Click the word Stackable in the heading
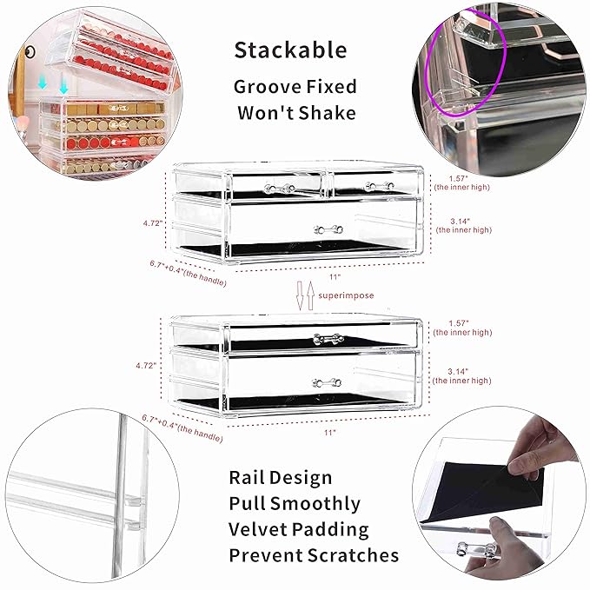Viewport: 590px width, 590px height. coord(290,50)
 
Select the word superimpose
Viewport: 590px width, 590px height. coord(346,295)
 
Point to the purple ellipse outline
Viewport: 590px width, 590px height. coord(466,62)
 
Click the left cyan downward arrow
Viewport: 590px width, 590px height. coord(43,83)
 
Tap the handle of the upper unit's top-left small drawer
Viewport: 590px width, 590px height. coord(280,189)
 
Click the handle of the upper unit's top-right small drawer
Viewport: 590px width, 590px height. coord(379,186)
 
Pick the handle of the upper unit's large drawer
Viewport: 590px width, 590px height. coord(328,229)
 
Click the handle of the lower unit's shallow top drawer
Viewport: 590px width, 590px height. coord(328,339)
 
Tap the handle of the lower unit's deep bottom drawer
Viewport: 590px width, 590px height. coord(327,383)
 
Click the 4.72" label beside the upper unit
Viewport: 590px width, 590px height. coord(153,223)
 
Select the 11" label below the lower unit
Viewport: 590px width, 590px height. coord(330,433)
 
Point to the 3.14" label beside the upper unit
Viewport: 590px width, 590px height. coord(461,222)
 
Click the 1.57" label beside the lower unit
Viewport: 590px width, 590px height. coord(459,323)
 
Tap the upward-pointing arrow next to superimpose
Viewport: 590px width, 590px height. coord(310,296)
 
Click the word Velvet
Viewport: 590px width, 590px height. coord(258,529)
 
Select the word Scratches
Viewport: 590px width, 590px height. coord(353,555)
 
